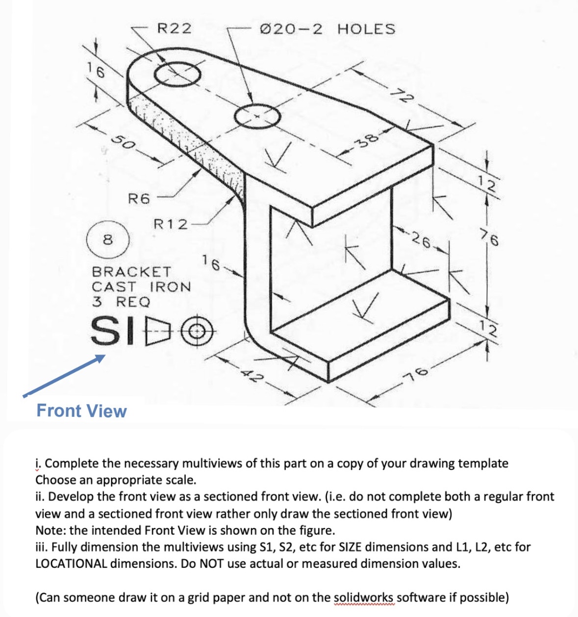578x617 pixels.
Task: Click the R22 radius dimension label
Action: point(174,28)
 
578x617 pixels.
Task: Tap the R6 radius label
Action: point(138,199)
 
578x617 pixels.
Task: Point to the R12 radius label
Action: point(171,225)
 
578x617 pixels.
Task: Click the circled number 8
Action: point(108,240)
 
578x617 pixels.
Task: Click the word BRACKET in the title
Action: point(131,271)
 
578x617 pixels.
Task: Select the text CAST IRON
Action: point(141,286)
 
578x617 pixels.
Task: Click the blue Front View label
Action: point(81,411)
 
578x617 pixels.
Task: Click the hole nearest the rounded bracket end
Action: point(178,75)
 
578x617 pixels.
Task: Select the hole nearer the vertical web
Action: point(258,117)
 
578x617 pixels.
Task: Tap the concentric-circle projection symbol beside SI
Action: point(198,332)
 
